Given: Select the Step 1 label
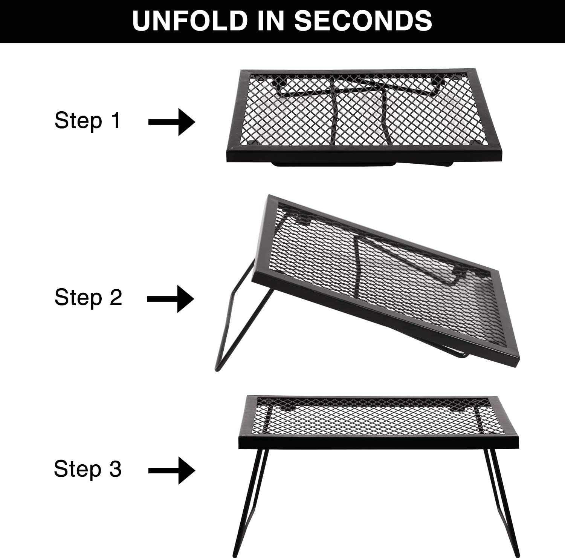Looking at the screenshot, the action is point(87,120).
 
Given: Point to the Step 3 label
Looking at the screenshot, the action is point(88,468).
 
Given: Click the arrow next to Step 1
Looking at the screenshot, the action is point(172,122).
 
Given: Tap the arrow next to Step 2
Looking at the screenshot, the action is point(171,299).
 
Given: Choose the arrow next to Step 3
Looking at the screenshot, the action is point(172,470).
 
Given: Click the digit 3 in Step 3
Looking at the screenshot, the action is point(115,468).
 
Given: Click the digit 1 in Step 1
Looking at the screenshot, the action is point(115,120).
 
